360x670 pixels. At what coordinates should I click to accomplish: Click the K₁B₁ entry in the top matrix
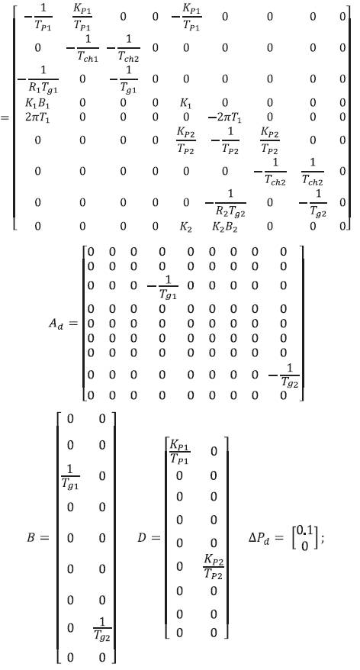tap(37, 103)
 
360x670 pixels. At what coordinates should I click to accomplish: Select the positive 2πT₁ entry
tap(37, 117)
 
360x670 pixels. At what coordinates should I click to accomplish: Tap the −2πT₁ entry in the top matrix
tap(225, 117)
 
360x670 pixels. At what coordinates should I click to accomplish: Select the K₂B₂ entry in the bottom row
tap(225, 227)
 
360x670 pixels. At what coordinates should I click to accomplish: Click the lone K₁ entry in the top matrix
tap(186, 103)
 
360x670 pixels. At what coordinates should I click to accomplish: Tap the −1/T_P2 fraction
tap(225, 141)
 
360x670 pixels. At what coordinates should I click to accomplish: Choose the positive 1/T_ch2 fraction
tap(313, 172)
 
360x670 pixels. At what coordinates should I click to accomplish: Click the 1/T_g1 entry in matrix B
tap(70, 477)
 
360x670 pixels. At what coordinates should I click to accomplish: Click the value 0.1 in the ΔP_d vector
tap(304, 530)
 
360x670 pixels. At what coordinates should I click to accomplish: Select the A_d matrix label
tap(56, 324)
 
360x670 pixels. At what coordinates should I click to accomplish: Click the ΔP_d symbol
tap(261, 538)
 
